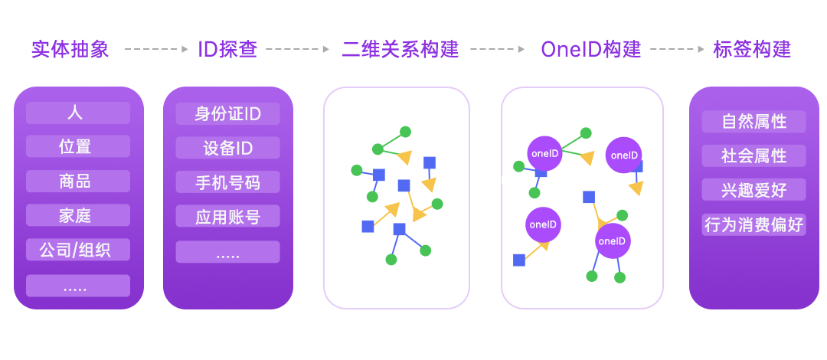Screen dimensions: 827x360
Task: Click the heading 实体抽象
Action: tap(70, 49)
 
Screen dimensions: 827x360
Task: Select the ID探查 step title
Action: tap(228, 49)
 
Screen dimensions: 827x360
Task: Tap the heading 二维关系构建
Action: tap(400, 49)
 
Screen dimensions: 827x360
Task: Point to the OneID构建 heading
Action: tap(590, 49)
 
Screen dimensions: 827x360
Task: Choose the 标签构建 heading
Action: tap(752, 49)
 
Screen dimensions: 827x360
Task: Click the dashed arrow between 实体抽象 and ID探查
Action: tap(156, 49)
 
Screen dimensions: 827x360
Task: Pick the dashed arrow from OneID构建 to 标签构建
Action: tap(677, 49)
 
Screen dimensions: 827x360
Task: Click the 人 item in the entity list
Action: tap(78, 113)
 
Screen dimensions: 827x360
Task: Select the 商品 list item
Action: tap(78, 181)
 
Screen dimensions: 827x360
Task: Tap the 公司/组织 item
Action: tap(78, 249)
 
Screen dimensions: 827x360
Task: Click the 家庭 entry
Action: tap(78, 215)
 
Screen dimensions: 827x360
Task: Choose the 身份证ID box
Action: tap(228, 114)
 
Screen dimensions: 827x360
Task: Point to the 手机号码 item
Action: tap(228, 182)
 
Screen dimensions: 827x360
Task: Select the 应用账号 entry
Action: tap(228, 216)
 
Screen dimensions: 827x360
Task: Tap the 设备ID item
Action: tap(228, 148)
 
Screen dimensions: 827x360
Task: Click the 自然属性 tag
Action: tap(753, 122)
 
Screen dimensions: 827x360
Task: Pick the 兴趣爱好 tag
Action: tap(753, 189)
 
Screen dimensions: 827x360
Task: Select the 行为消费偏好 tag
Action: tap(753, 224)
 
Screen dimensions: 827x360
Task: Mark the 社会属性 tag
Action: tap(753, 155)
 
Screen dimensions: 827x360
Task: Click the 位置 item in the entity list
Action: tap(78, 146)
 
